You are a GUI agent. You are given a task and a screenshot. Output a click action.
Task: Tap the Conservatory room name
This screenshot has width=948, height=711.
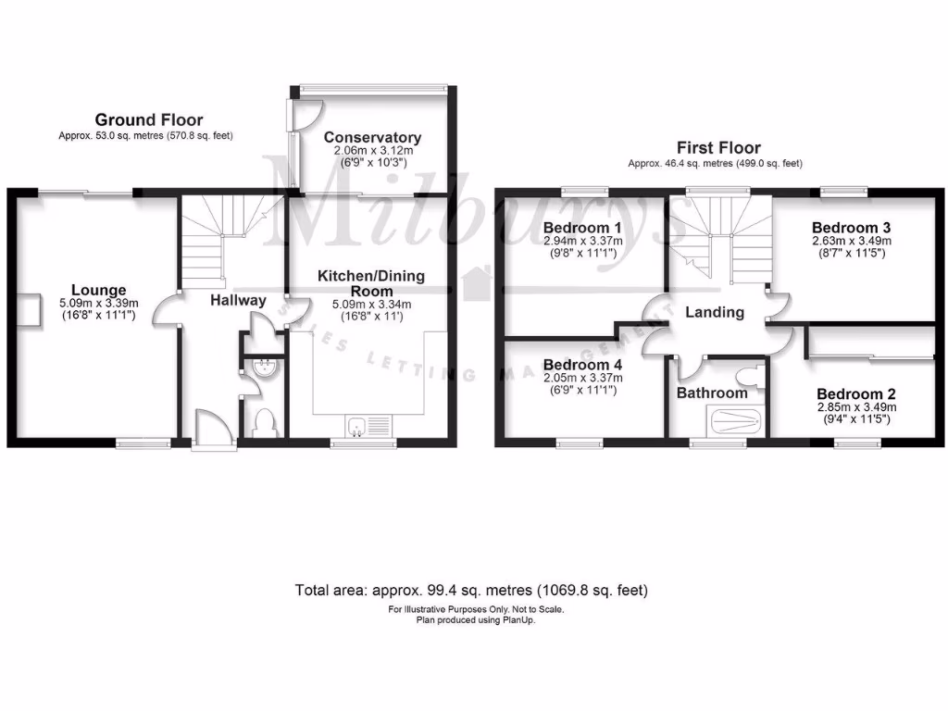coord(372,138)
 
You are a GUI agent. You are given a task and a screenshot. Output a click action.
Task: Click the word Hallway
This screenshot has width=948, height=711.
coord(238,300)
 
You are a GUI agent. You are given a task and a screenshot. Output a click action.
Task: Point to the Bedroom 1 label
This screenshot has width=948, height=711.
coord(582,228)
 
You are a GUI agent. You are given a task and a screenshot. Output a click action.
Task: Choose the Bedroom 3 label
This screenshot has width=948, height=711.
coord(851,227)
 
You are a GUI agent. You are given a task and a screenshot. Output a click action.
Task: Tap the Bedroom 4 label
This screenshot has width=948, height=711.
coord(583,365)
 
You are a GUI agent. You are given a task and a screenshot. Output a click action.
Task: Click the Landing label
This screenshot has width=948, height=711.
coord(714,312)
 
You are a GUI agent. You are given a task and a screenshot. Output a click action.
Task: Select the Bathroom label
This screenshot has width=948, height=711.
coord(711,393)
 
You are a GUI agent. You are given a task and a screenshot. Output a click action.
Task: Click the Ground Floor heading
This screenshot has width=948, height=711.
coord(148,119)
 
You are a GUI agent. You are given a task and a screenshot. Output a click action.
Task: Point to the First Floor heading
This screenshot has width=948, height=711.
coord(718,147)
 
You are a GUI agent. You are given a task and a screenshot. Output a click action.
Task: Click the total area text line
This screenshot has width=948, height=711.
coord(471,589)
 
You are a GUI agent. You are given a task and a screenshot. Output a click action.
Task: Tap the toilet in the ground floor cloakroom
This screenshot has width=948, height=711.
coord(261,421)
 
